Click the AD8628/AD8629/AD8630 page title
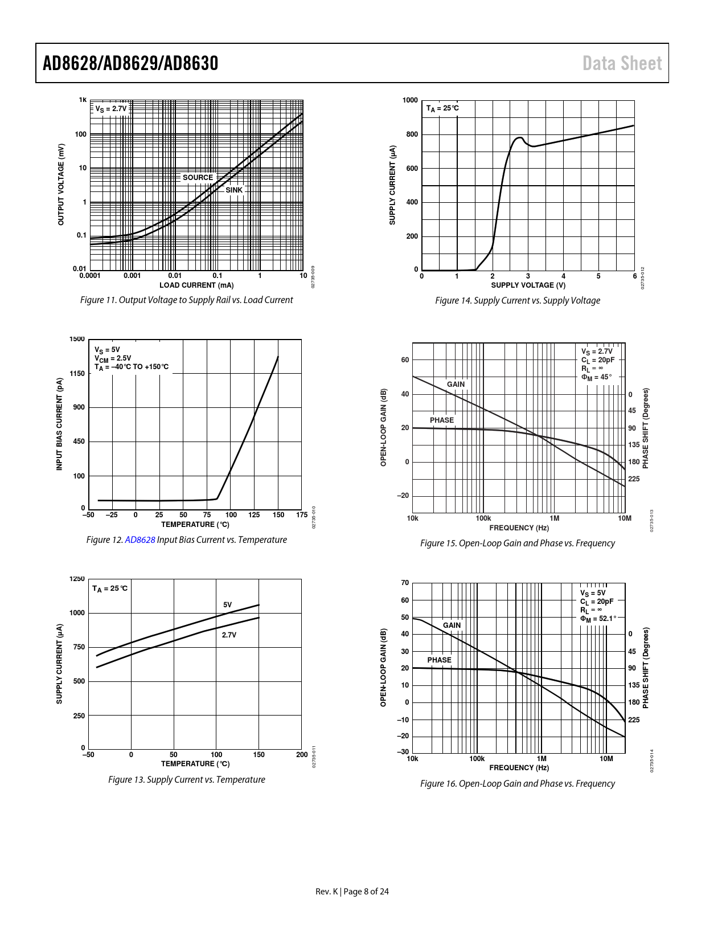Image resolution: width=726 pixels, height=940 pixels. (x=130, y=63)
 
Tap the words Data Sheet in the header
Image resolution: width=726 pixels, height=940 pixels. (x=622, y=63)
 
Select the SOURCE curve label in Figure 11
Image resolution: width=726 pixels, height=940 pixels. (x=198, y=177)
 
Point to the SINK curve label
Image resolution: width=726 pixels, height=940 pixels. (x=234, y=190)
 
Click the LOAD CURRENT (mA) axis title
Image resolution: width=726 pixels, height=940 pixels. (x=196, y=285)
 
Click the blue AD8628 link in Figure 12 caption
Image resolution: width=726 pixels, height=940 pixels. (x=140, y=540)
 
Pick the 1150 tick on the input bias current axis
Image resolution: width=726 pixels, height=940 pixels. (x=77, y=374)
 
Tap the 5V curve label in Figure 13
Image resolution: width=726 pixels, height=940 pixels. (x=227, y=605)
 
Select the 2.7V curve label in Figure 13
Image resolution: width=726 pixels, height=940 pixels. (x=229, y=635)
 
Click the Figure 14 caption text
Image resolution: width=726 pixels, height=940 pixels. (x=517, y=300)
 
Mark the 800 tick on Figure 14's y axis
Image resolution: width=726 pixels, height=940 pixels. (x=411, y=134)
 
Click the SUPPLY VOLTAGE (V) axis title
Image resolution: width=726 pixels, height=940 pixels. (x=528, y=285)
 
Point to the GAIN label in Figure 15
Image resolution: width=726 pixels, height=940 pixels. (x=456, y=385)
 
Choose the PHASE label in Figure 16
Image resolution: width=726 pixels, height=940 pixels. (x=439, y=660)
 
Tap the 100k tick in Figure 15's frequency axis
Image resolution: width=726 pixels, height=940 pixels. (x=483, y=518)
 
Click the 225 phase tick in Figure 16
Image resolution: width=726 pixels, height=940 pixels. (x=634, y=720)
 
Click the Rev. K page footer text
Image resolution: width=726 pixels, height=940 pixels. (x=352, y=892)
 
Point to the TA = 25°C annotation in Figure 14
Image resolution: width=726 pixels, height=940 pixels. (x=442, y=108)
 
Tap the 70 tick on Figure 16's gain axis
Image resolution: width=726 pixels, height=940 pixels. (x=405, y=583)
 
